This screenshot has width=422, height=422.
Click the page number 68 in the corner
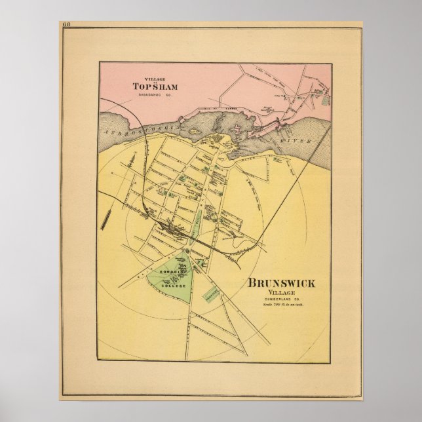[x=66, y=25]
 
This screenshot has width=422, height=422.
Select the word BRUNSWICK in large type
[x=280, y=283]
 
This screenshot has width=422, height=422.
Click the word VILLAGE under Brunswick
[x=280, y=293]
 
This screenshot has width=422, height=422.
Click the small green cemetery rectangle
[x=210, y=292]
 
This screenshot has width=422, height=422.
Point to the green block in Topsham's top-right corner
[x=326, y=100]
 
